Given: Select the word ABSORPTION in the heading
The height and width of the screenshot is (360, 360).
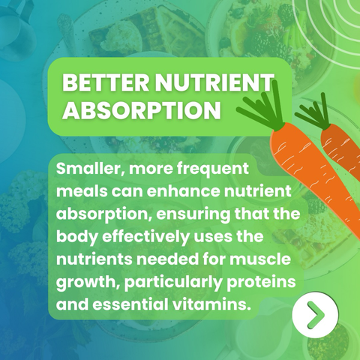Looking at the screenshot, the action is (142, 110).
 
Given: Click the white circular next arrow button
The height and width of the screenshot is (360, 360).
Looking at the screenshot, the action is (315, 315).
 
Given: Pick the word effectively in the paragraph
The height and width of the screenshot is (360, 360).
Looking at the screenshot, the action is (145, 237).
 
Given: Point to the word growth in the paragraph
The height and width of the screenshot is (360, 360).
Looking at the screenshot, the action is (87, 283).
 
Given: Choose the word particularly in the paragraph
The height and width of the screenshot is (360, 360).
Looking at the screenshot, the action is (173, 283).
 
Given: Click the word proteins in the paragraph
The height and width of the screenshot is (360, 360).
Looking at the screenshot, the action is (261, 283).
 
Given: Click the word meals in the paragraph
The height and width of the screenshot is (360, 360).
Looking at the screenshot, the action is (82, 191).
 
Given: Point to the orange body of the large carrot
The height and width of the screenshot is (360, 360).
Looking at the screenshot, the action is (315, 180).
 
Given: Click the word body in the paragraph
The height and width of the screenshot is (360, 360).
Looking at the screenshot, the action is (76, 237).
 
